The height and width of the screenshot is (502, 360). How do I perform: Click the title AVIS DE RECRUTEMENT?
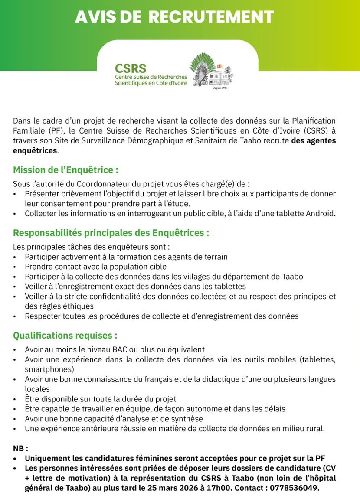click(174, 17)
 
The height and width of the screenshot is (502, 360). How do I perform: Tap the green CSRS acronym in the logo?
click(131, 68)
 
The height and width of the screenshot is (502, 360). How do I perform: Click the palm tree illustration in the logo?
click(202, 68)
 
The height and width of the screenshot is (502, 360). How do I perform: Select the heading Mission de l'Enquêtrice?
click(65, 170)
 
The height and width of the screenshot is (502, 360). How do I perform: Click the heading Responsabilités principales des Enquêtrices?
click(111, 233)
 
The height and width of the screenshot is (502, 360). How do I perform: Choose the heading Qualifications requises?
click(65, 336)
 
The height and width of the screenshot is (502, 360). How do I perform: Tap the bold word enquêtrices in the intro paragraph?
click(35, 150)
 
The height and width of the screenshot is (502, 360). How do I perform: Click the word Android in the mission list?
click(320, 213)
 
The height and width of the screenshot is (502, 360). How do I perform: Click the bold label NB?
click(20, 448)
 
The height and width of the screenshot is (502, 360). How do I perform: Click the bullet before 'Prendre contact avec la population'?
click(15, 267)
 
